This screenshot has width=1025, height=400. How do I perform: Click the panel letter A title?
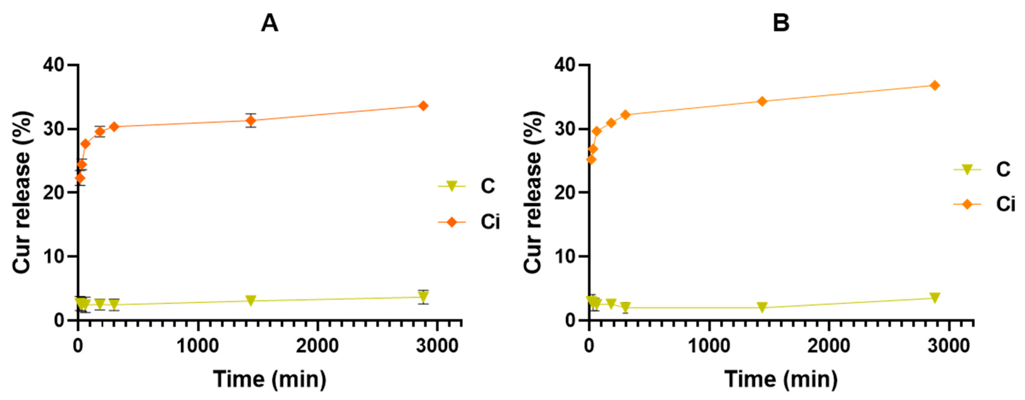(x=269, y=23)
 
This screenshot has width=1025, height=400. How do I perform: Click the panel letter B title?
(x=781, y=23)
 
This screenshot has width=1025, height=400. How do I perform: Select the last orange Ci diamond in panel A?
(x=423, y=106)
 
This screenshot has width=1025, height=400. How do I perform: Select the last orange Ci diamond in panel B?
(x=935, y=86)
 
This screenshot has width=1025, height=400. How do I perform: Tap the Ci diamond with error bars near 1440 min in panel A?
(x=251, y=121)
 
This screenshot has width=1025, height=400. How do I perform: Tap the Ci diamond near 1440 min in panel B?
(x=762, y=102)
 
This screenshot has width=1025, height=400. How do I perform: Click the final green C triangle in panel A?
(x=423, y=297)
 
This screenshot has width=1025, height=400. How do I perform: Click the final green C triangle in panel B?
(x=935, y=298)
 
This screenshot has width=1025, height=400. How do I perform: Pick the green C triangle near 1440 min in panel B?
(x=762, y=307)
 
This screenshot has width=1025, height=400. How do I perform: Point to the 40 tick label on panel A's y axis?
(x=55, y=65)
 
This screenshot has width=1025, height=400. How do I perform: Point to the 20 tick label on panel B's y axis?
(x=565, y=193)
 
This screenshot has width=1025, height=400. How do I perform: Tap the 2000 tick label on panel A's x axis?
(x=317, y=346)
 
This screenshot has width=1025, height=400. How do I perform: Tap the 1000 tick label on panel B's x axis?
(x=709, y=346)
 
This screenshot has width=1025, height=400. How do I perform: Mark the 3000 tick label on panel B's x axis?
(x=949, y=346)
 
